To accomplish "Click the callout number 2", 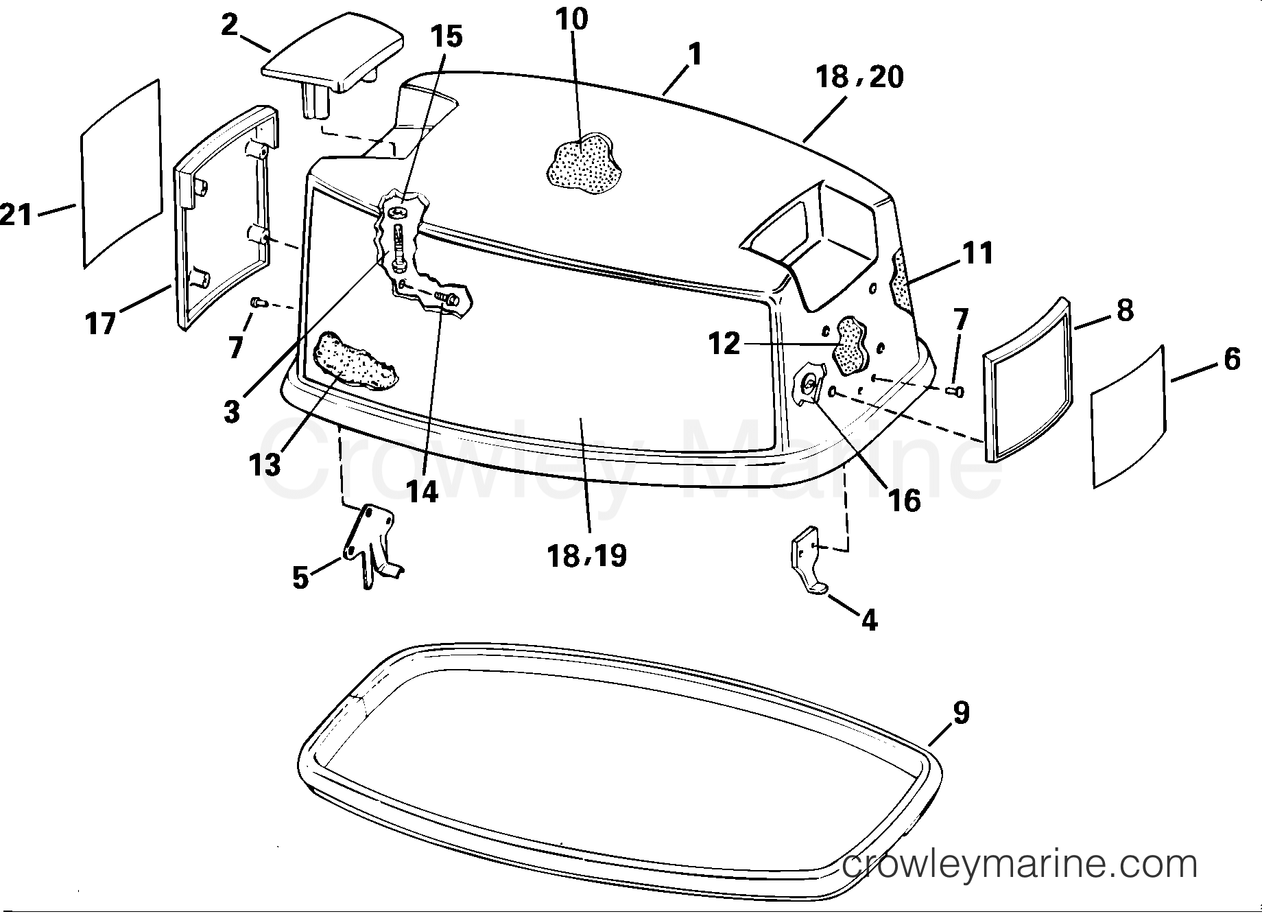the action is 230,25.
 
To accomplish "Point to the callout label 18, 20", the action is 859,77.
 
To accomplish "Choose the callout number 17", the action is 101,323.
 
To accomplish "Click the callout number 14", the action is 422,491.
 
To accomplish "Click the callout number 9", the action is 961,714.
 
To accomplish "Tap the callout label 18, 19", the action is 587,555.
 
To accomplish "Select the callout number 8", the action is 1125,311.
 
